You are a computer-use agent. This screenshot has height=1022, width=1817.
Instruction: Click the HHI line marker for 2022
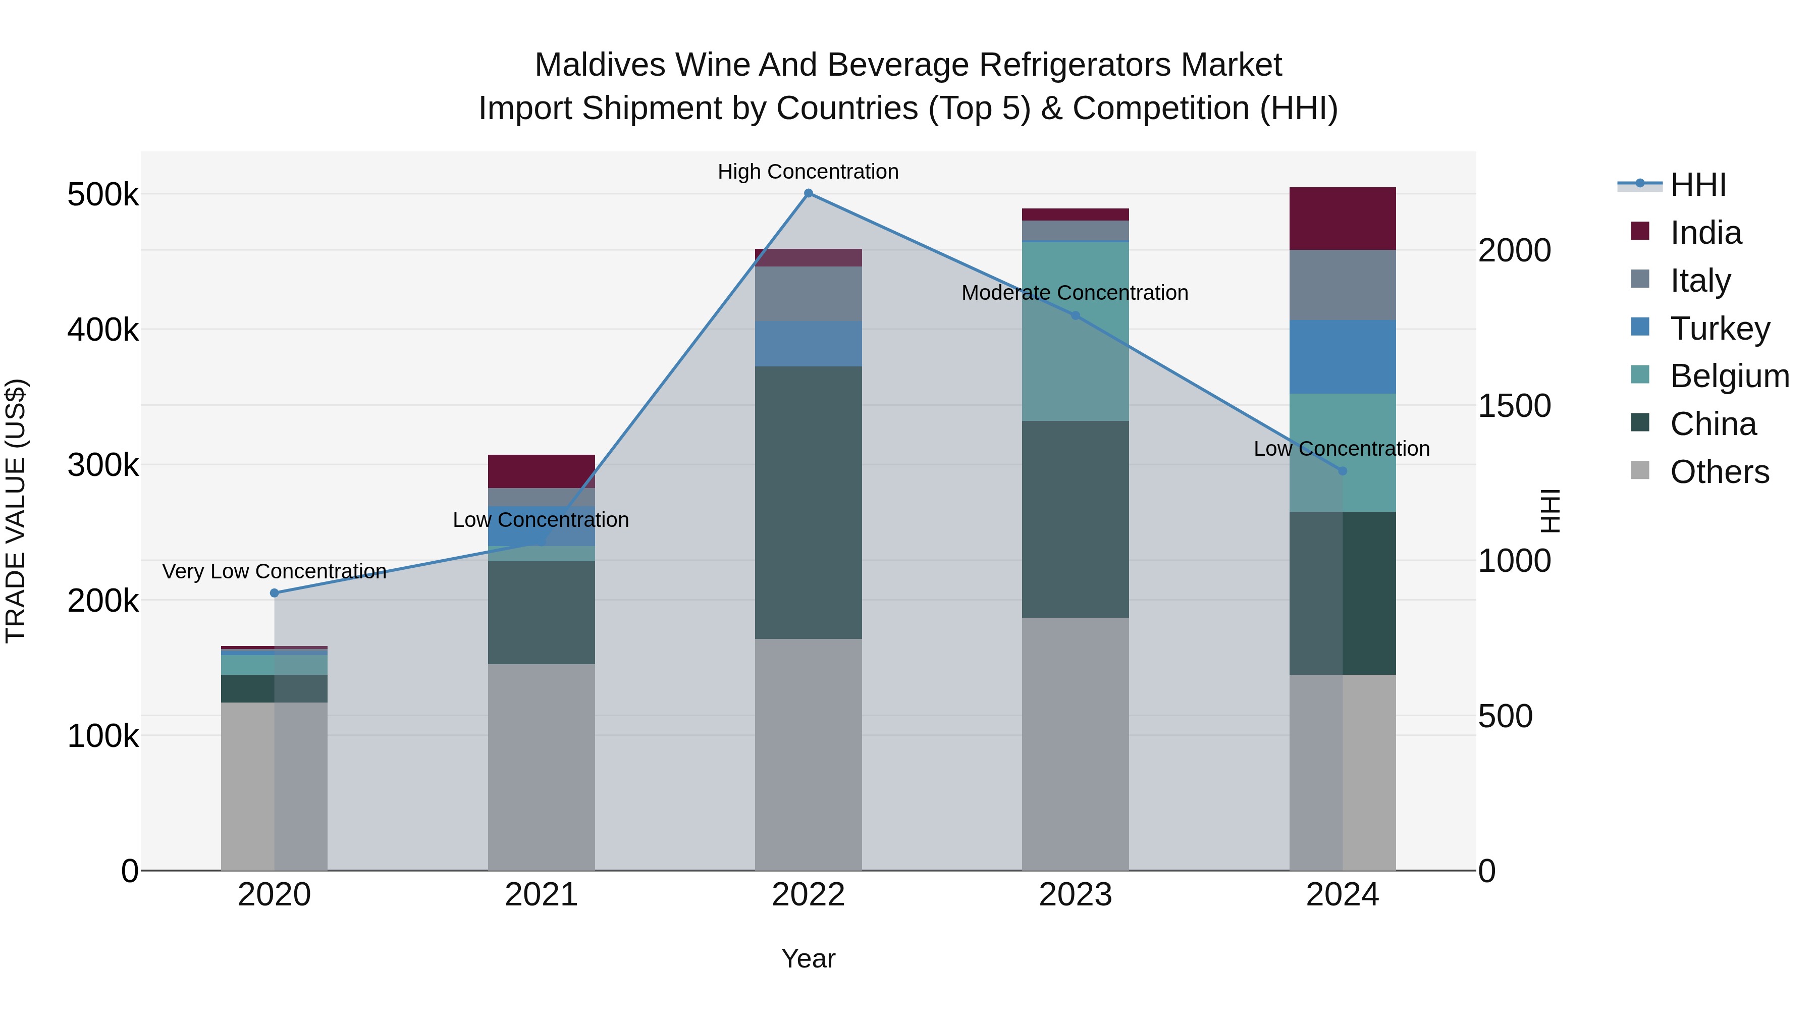pos(809,193)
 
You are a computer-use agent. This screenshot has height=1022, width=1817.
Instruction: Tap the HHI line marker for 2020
pos(275,593)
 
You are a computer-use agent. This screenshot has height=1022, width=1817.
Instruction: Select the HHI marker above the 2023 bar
pos(1076,315)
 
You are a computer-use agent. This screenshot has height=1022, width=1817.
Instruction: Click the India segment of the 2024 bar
pos(1342,219)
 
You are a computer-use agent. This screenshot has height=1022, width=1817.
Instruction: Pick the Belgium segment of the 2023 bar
pos(1076,332)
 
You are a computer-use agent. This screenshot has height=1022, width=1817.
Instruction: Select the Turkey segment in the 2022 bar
pos(809,344)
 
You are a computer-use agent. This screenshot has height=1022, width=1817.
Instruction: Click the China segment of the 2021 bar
pos(541,612)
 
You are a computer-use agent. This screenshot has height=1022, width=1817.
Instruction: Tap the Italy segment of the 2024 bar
pos(1342,285)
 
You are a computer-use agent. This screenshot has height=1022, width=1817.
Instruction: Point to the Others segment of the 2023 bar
pos(1076,744)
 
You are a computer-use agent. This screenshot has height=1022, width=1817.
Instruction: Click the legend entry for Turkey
pos(1720,329)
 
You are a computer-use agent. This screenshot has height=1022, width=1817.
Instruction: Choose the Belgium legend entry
pos(1729,376)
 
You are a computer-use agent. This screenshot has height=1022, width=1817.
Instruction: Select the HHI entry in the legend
pos(1697,185)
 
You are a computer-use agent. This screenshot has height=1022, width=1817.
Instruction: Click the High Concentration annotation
pos(809,172)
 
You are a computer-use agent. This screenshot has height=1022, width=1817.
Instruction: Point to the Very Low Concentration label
pos(275,571)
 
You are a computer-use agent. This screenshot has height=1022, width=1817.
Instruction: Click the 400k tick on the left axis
pos(103,330)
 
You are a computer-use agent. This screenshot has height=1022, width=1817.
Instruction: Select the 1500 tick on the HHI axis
pos(1514,406)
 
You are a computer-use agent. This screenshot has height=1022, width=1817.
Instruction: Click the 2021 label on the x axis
pos(541,895)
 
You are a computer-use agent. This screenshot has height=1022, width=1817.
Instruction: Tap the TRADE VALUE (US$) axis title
pos(16,511)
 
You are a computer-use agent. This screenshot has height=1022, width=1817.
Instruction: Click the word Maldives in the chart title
pos(600,65)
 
